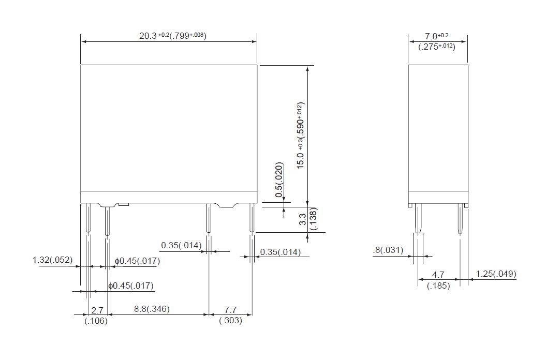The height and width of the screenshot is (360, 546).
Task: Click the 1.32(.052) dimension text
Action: pyautogui.click(x=52, y=260)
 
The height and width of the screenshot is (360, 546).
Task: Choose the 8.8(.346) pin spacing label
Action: pyautogui.click(x=152, y=309)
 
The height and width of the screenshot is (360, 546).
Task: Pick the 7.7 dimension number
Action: pyautogui.click(x=230, y=310)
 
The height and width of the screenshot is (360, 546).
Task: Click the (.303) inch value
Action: pyautogui.click(x=230, y=321)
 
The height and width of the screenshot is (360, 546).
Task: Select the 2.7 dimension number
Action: pyautogui.click(x=97, y=310)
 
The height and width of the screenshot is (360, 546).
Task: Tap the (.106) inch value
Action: pyautogui.click(x=96, y=321)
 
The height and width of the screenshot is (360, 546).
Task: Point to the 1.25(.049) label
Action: pyautogui.click(x=495, y=274)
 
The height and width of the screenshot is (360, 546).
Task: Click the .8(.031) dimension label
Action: pyautogui.click(x=388, y=250)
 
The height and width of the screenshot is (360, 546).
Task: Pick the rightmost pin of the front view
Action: pyautogui.click(x=252, y=219)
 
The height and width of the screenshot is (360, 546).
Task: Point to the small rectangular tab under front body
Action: pyautogui.click(x=123, y=205)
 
